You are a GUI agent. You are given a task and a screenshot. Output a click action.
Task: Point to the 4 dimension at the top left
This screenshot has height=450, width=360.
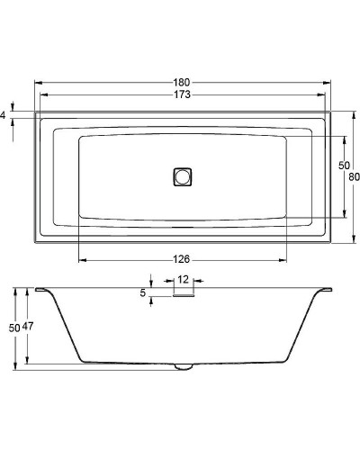[4, 115]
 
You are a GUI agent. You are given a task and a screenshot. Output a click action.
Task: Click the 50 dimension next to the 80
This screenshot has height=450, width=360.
[342, 166]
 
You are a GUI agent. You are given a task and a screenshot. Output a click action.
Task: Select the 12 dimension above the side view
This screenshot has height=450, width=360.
[183, 280]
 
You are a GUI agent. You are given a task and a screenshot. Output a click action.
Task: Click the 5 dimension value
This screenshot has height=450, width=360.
[143, 292]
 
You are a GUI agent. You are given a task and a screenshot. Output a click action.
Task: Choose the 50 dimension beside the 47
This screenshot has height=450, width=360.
[13, 328]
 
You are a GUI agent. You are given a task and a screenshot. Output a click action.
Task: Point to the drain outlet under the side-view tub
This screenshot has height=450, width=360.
[184, 366]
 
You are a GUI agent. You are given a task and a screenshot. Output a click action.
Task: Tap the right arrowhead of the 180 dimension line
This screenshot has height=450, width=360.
[329, 82]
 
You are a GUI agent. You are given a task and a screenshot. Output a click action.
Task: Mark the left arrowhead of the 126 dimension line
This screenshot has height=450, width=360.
[82, 260]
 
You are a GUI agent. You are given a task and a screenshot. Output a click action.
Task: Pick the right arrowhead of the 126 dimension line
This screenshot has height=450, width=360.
[285, 260]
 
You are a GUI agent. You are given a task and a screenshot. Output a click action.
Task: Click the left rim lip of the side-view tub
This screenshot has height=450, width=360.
[41, 290]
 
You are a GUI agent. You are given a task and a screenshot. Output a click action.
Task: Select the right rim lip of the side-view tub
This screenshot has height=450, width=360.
[325, 290]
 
